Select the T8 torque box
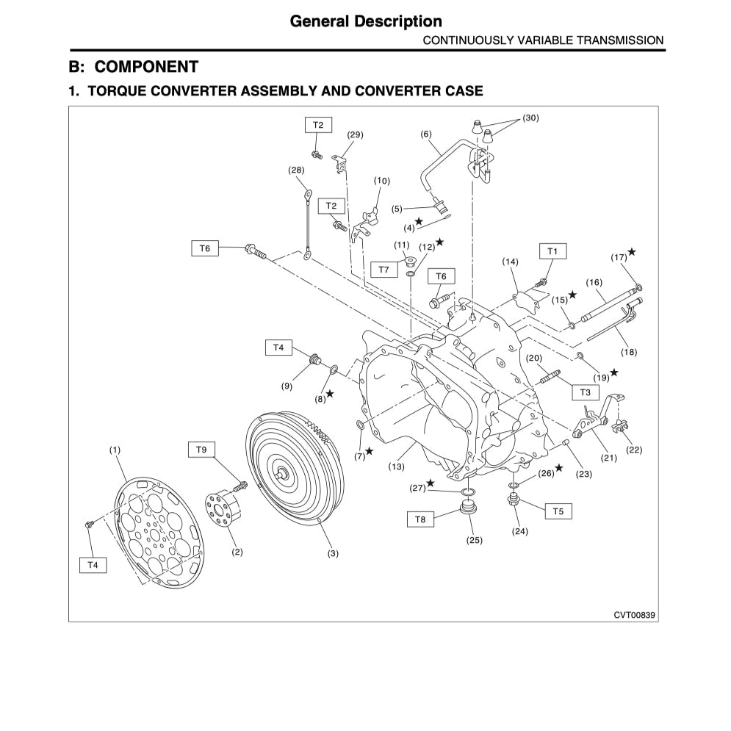point(420,519)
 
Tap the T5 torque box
point(558,510)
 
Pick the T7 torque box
point(383,270)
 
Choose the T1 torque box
point(552,252)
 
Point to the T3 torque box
point(585,392)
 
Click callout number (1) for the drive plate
point(115,450)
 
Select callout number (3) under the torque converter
point(333,553)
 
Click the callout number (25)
point(474,540)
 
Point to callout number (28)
point(296,170)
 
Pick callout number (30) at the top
point(530,118)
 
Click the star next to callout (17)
point(631,252)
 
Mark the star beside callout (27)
point(431,483)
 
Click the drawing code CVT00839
point(633,613)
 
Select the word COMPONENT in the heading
point(147,67)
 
